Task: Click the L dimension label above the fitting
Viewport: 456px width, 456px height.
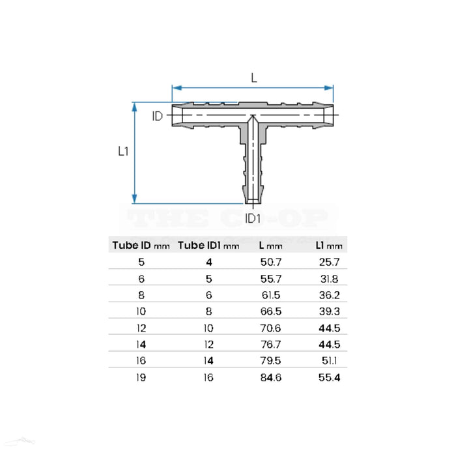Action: pos(253,78)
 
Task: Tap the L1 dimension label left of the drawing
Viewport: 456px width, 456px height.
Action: pos(122,151)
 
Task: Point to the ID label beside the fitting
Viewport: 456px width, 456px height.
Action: pos(158,117)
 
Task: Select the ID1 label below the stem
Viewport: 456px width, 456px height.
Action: pos(253,218)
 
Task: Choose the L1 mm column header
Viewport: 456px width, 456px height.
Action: pos(328,246)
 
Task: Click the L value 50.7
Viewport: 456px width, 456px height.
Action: pos(270,262)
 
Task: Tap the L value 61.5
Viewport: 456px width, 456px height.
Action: pos(270,294)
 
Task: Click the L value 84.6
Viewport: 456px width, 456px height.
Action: pos(270,377)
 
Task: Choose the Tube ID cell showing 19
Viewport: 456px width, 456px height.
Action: pos(141,377)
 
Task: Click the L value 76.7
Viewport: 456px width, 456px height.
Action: pos(270,344)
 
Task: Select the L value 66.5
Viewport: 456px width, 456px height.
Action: pos(270,311)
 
